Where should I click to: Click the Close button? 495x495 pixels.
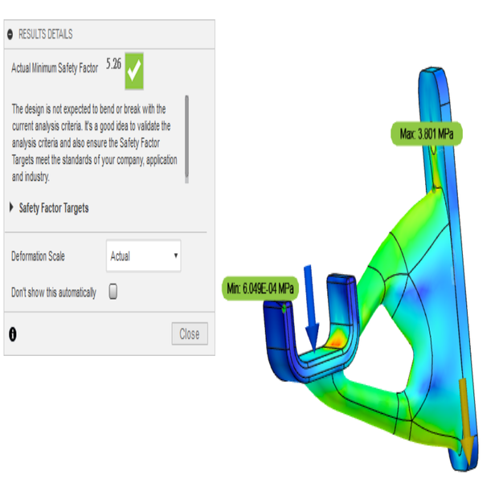pos(190,334)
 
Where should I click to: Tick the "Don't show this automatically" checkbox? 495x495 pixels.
pos(113,292)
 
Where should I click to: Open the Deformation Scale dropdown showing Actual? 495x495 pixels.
pos(143,256)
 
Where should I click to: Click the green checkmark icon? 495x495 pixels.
pos(134,72)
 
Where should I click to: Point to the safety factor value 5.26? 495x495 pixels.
pos(113,65)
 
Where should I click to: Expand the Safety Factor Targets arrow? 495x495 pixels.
pos(11,208)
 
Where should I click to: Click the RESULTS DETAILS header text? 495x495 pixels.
pos(45,35)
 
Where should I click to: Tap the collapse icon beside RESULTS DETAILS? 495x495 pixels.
pos(10,35)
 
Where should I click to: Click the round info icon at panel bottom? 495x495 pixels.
pos(12,334)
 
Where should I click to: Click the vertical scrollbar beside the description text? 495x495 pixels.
pos(187,137)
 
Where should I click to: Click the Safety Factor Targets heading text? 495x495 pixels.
pos(54,208)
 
